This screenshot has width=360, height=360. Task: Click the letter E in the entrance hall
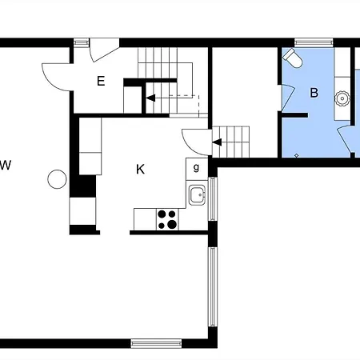[x=101, y=81]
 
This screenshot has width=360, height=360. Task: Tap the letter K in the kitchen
[x=140, y=170]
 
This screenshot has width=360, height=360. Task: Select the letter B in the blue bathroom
[x=314, y=93]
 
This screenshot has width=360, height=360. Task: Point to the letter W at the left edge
[x=6, y=165]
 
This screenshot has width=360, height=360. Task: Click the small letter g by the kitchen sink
[x=196, y=167]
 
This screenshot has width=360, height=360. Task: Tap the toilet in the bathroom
[x=293, y=58]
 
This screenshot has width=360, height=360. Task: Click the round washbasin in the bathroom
[x=342, y=98]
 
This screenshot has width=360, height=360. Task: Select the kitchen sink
[x=197, y=195]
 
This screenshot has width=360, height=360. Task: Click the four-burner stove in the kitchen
[x=167, y=219]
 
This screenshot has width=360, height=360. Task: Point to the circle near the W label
[x=57, y=179]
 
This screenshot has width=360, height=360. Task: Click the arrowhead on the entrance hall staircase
[x=150, y=98]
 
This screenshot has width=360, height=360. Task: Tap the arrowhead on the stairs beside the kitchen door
[x=217, y=142]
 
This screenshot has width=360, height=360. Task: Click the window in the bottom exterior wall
[x=156, y=343]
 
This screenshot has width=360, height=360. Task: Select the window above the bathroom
[x=314, y=42]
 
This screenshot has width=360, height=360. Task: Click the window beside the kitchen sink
[x=213, y=199]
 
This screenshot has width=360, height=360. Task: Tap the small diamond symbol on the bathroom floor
[x=297, y=155]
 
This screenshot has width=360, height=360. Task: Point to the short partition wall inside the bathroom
[x=294, y=115]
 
